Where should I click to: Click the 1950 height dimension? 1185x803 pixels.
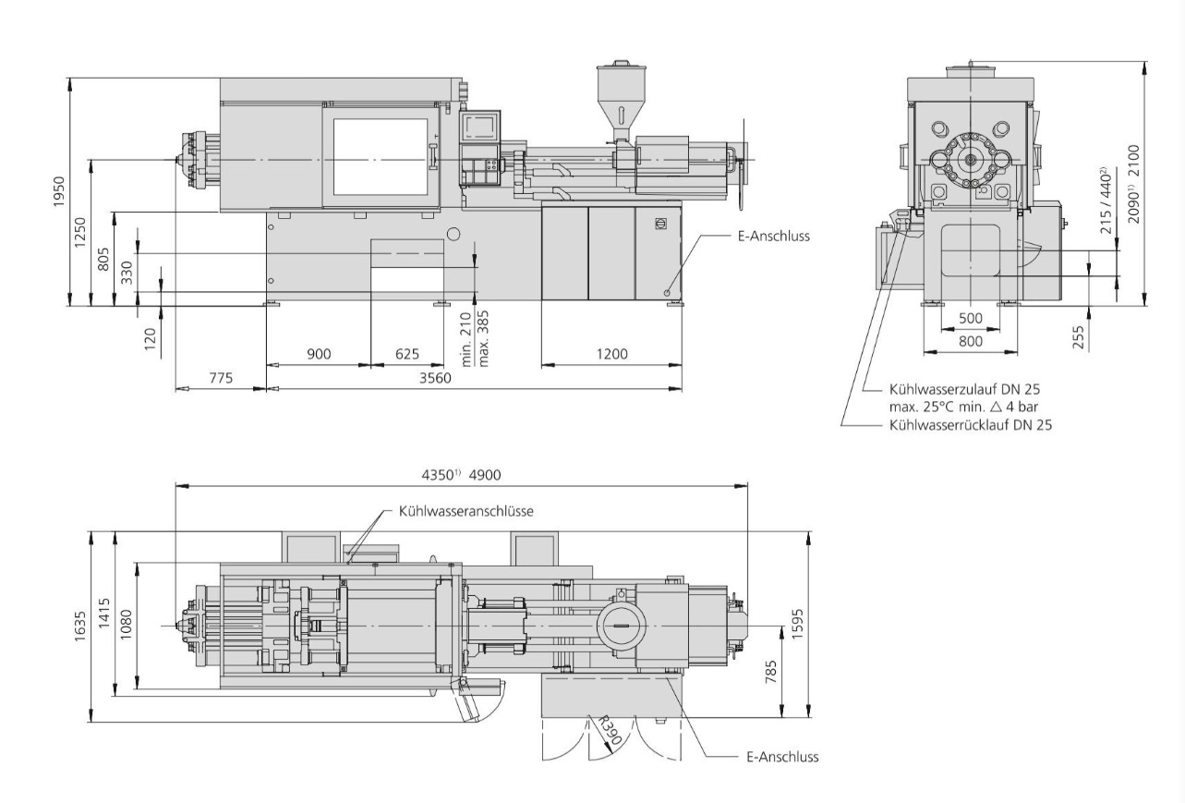(58, 192)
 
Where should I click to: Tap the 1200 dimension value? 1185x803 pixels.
(611, 354)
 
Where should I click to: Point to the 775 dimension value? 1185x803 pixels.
(220, 378)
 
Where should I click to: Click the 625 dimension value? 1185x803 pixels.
(407, 354)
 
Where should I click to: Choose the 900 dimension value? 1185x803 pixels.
(319, 354)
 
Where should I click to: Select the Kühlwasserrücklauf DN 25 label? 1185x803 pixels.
(971, 425)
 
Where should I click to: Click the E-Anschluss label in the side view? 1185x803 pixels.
(773, 236)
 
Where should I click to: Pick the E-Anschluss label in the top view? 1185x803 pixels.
(781, 757)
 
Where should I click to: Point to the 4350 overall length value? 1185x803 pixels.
(439, 476)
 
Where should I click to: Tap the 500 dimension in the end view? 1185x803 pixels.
(971, 318)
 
